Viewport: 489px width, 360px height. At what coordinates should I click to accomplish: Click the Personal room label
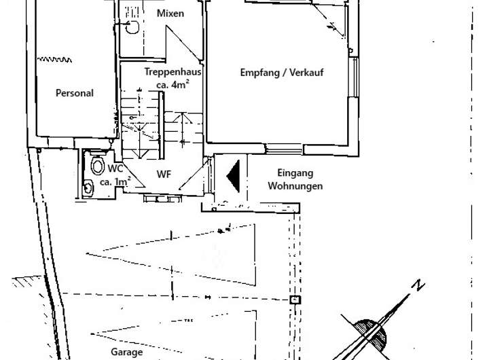coord(75,94)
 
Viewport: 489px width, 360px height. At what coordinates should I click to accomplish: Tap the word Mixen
coord(170,14)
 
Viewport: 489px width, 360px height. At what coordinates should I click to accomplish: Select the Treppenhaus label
coord(173,72)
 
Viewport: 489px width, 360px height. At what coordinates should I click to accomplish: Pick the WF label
coord(164,175)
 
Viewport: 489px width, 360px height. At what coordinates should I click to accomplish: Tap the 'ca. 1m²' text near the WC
coord(115,182)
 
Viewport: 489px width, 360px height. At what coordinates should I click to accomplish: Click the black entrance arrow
coord(232,175)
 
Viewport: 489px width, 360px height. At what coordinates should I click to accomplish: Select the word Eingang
coord(295,173)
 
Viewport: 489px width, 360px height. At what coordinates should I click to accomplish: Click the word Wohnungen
coord(295,185)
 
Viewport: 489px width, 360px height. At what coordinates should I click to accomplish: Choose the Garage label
coord(126,353)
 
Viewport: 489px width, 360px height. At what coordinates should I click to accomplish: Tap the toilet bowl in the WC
coord(96,165)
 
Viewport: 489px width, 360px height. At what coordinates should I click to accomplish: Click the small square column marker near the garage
coord(294,300)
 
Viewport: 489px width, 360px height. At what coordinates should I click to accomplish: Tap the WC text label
coord(115,168)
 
